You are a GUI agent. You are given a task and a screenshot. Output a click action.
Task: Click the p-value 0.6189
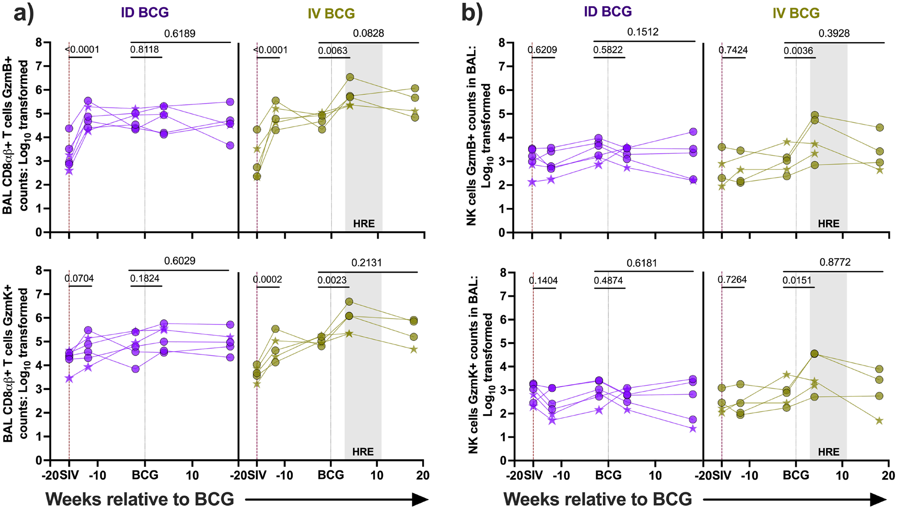click(x=179, y=33)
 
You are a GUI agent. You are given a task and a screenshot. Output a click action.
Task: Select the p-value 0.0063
click(x=333, y=50)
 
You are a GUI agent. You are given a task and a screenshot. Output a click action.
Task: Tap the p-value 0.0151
click(x=798, y=280)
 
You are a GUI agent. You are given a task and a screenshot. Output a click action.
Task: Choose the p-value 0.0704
click(x=79, y=278)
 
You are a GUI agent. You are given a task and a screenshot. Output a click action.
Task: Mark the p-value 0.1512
click(x=643, y=32)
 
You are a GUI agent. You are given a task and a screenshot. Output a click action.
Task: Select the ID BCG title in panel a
click(x=145, y=12)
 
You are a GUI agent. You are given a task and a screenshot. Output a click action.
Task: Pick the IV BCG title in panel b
click(x=796, y=13)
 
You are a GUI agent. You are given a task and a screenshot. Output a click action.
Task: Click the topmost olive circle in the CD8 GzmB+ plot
click(x=350, y=77)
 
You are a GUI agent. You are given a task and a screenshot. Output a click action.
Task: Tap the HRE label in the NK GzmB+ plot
click(x=828, y=224)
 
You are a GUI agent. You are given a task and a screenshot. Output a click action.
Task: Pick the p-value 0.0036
click(x=798, y=51)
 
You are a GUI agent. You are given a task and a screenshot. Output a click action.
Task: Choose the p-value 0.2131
click(x=367, y=263)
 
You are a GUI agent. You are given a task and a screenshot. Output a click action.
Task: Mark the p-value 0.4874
click(x=608, y=280)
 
